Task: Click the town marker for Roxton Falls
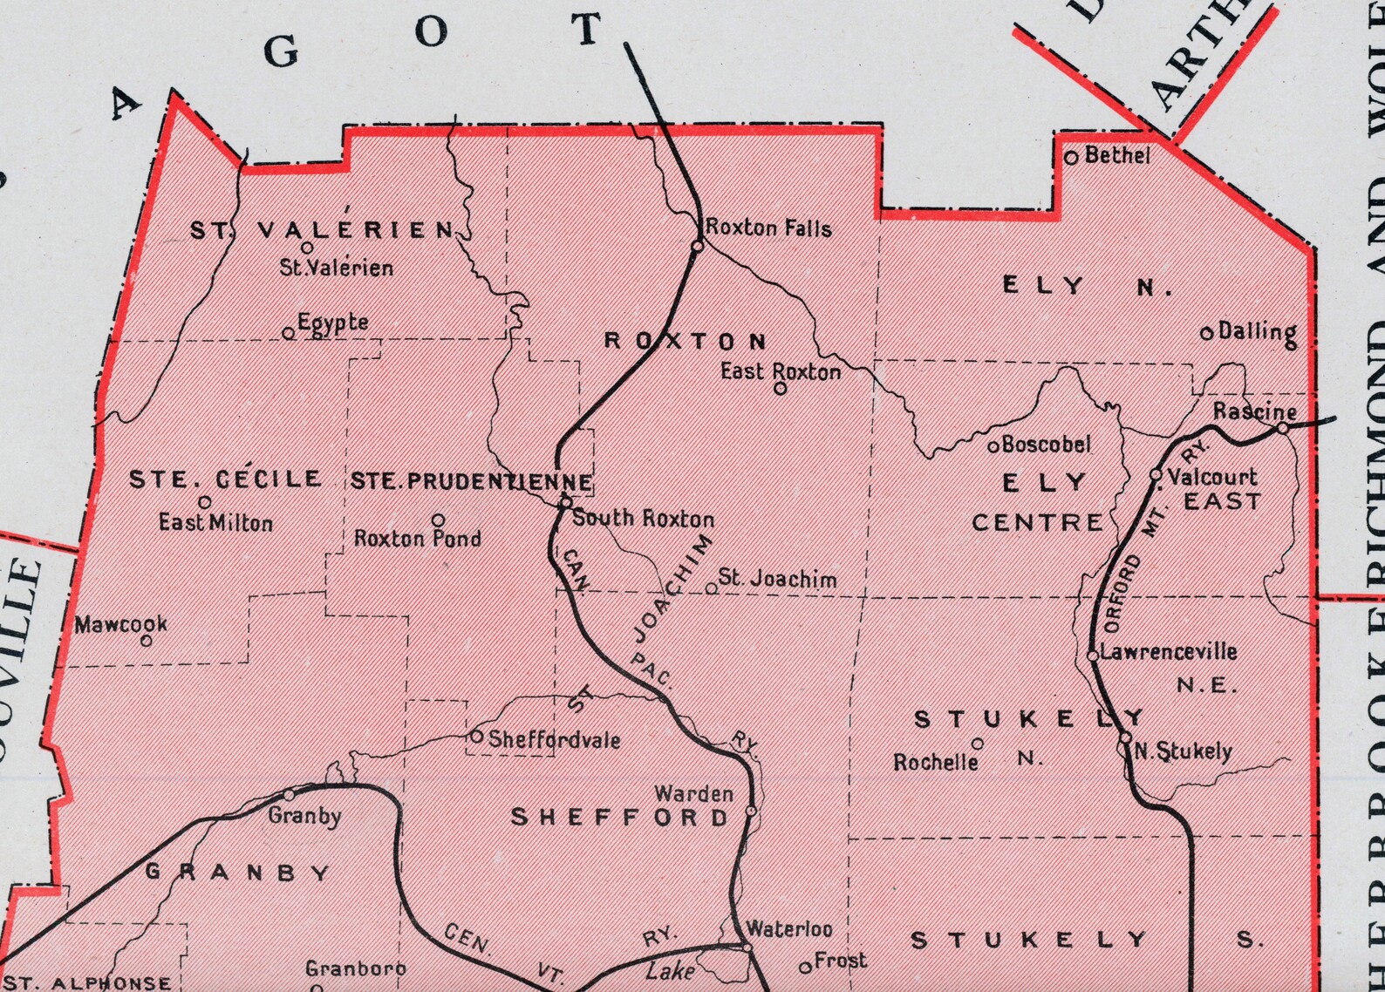pyautogui.click(x=698, y=246)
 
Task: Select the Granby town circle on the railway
pyautogui.click(x=290, y=795)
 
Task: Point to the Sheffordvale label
pyautogui.click(x=554, y=740)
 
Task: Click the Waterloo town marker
pyautogui.click(x=747, y=947)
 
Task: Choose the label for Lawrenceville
pyautogui.click(x=1169, y=651)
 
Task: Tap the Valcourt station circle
pyautogui.click(x=1156, y=475)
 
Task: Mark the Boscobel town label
pyautogui.click(x=1046, y=445)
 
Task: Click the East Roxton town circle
pyautogui.click(x=781, y=389)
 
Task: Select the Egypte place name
pyautogui.click(x=332, y=323)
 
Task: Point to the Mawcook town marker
pyautogui.click(x=147, y=641)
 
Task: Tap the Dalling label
pyautogui.click(x=1257, y=331)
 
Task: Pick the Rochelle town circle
pyautogui.click(x=978, y=744)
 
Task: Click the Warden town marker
pyautogui.click(x=751, y=812)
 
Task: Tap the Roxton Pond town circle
pyautogui.click(x=439, y=520)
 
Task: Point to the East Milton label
pyautogui.click(x=215, y=523)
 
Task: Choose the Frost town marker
pyautogui.click(x=805, y=968)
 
